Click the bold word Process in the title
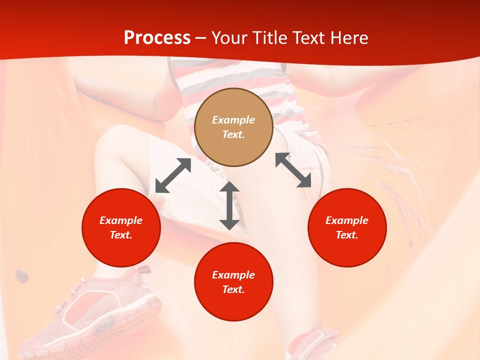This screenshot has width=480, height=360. click(x=157, y=38)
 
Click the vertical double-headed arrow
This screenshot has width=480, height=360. click(x=229, y=205)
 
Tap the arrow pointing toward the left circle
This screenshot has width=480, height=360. click(x=173, y=175)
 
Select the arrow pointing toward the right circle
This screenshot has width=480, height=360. click(x=293, y=170)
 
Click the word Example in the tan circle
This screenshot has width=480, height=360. click(x=233, y=120)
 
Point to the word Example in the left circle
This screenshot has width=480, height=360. click(x=121, y=220)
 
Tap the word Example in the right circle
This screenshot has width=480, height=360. click(x=347, y=220)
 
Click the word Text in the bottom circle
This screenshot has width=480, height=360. click(x=233, y=289)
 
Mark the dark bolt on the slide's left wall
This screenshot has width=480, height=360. click(x=21, y=274)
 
